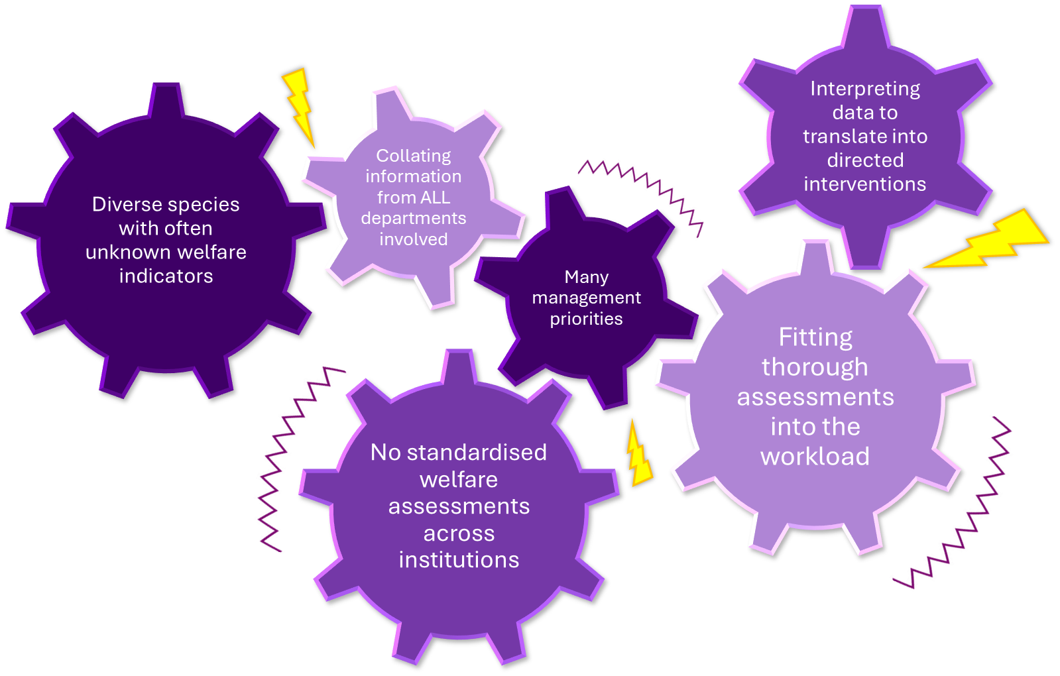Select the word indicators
tap(166, 276)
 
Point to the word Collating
tap(413, 156)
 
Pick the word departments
tap(413, 218)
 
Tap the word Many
tap(586, 276)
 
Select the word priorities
tap(586, 319)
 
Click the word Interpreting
tap(864, 89)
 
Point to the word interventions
tap(864, 184)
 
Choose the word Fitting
tap(815, 337)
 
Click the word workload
tap(815, 457)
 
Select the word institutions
tap(459, 560)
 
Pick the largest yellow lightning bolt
tap(988, 240)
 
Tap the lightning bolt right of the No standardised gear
tap(639, 455)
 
